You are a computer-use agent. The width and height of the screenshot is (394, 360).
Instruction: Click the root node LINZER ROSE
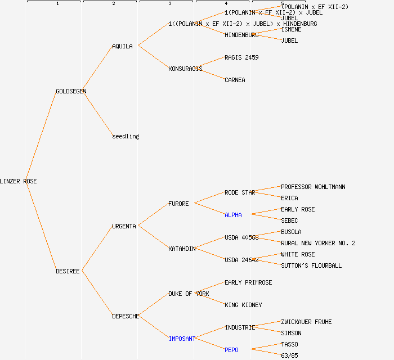coord(18,181)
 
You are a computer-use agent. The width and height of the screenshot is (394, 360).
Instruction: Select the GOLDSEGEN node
coord(71,91)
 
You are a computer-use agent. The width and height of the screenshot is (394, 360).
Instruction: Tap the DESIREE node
coord(68,271)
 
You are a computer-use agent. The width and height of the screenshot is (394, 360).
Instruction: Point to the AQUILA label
coord(122,46)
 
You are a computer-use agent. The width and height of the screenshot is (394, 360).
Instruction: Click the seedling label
coord(126,136)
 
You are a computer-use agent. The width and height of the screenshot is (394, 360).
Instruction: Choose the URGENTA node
coord(124,226)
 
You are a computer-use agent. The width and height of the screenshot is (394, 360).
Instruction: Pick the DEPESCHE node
coord(126,316)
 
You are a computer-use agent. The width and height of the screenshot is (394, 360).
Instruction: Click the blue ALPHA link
coord(233,215)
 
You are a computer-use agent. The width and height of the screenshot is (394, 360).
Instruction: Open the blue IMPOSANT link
coord(182,339)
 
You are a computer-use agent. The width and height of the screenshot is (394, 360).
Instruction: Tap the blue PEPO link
coord(231,350)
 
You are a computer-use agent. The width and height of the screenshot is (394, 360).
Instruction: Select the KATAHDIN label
coord(182,249)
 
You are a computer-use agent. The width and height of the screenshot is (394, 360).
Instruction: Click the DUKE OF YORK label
coord(189,294)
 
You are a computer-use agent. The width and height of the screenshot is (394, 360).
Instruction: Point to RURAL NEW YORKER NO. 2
coord(318,243)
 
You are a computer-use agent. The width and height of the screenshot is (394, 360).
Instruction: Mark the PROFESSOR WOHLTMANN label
coord(313,187)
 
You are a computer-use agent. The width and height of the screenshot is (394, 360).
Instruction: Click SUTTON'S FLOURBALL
coord(311,265)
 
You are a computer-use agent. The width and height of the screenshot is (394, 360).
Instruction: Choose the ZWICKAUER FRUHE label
coord(306,322)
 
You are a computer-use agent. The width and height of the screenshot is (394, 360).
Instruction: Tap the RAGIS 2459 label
coord(241,57)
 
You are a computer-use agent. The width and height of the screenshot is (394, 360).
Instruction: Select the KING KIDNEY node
coord(243,305)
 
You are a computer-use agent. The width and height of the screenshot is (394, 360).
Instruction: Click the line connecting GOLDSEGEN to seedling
coord(98,114)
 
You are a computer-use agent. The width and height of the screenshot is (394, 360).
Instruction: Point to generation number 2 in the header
coord(113,4)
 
